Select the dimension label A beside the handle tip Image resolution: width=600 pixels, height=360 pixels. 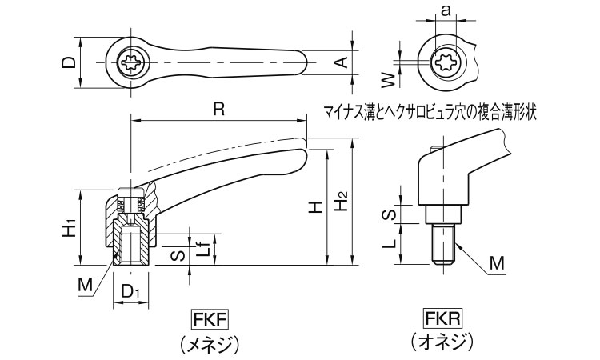[339, 62]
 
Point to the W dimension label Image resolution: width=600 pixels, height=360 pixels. [386, 78]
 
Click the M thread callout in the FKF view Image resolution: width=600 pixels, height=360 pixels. [86, 283]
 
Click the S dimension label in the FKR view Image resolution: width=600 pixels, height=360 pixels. [386, 214]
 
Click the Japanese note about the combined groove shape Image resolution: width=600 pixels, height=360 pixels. [429, 111]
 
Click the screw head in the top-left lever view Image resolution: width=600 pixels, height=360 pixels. [130, 62]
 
